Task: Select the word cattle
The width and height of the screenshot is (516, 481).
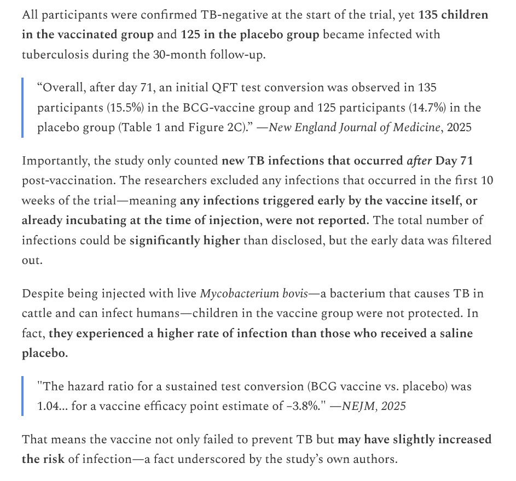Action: [38, 313]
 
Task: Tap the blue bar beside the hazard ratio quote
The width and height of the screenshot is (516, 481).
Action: [23, 396]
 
